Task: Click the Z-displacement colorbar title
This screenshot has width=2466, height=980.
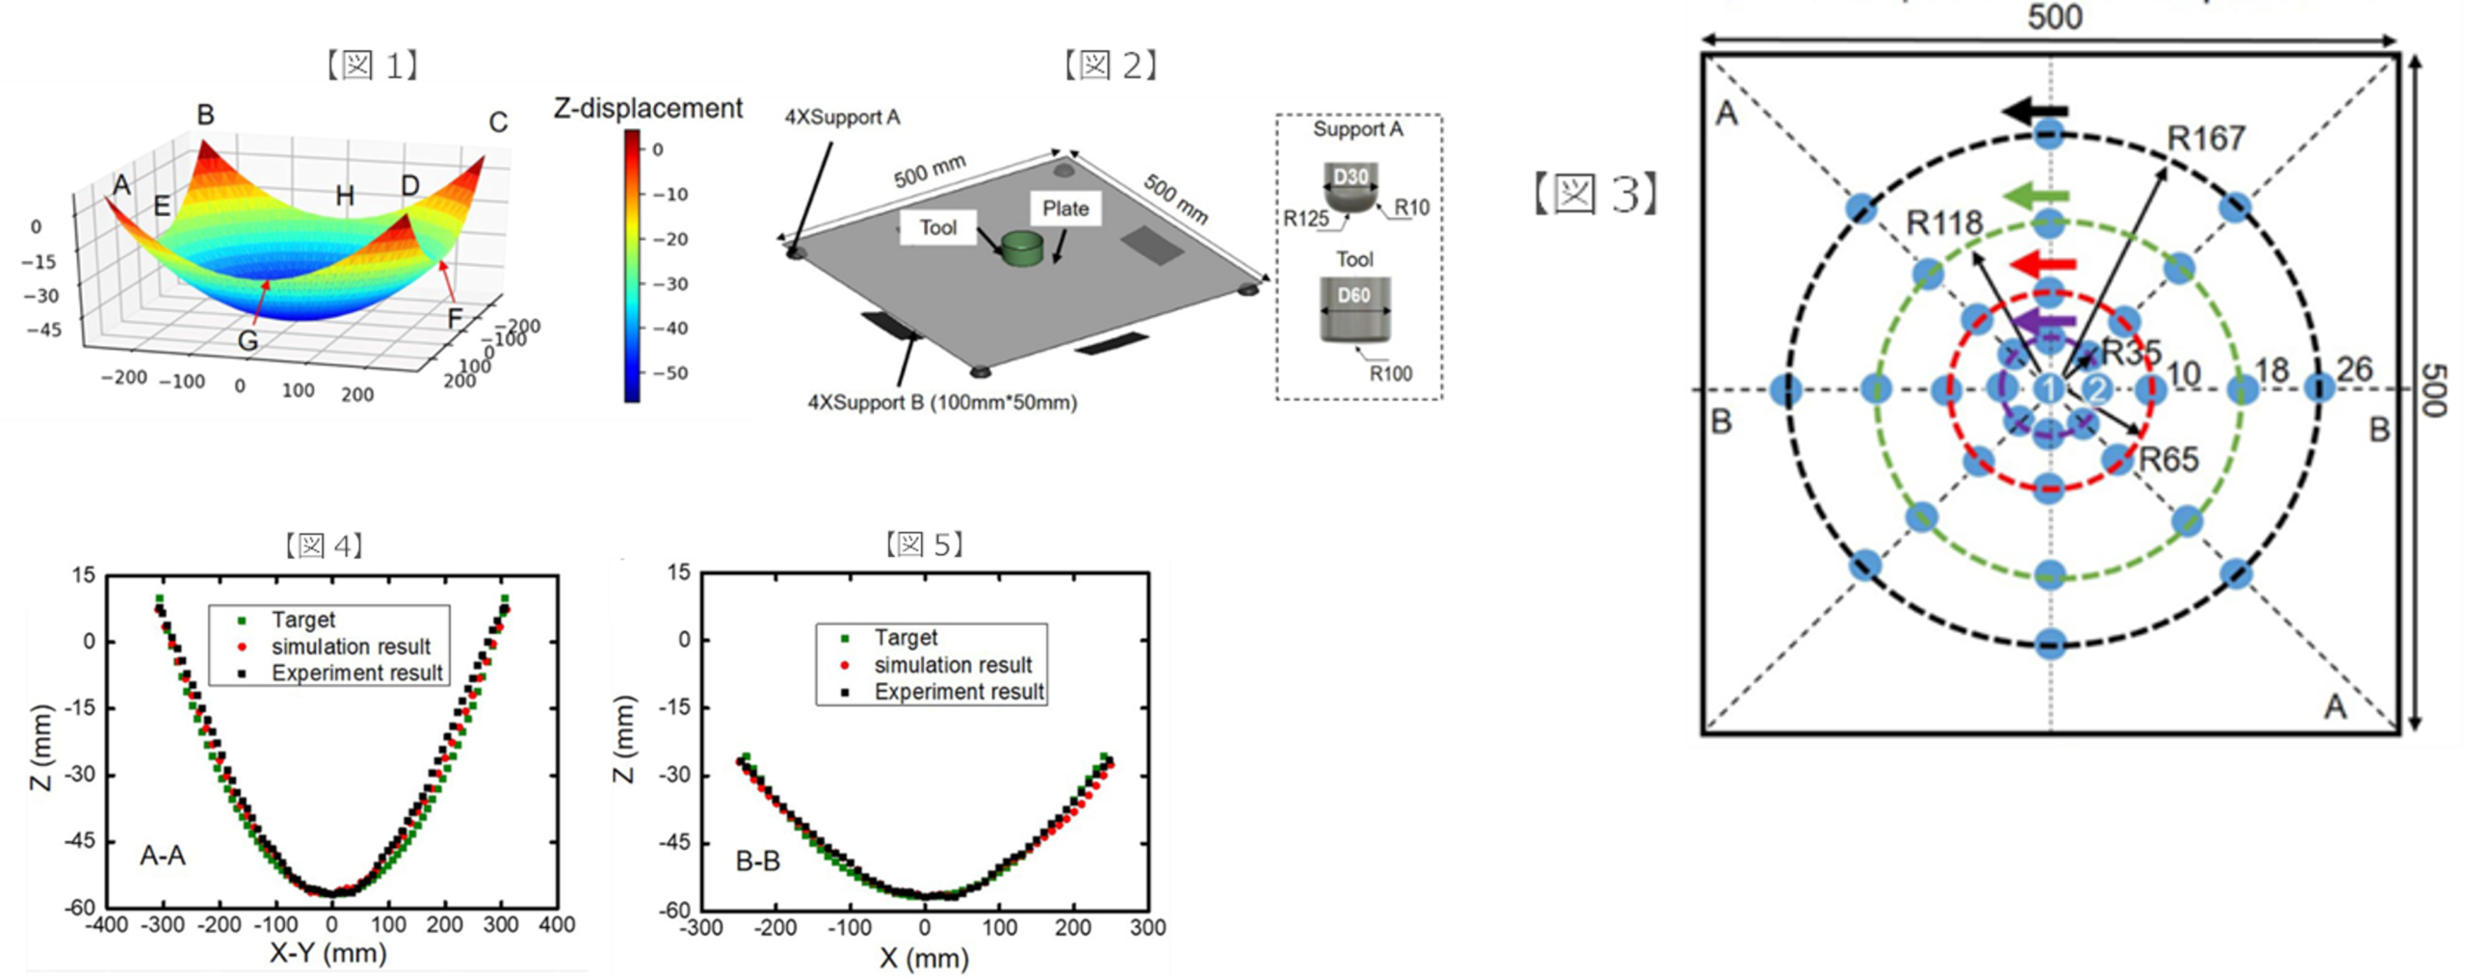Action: point(648,109)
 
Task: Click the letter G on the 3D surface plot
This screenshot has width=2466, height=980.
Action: point(248,339)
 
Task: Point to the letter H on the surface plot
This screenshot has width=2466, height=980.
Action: point(345,197)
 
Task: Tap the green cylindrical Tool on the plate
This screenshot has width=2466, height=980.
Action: point(1023,248)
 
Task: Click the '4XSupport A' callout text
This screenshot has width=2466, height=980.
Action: point(842,118)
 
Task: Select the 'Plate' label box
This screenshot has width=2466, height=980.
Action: point(1064,208)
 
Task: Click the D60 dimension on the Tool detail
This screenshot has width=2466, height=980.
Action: point(1353,295)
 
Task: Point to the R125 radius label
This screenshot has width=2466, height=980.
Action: point(1305,219)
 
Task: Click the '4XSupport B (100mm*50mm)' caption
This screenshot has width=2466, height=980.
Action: point(941,402)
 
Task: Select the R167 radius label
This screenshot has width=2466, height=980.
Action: point(2206,139)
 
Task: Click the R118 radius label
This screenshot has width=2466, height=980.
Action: point(1944,224)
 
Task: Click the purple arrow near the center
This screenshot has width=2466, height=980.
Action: point(2045,323)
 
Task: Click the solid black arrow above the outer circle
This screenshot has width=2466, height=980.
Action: point(2035,112)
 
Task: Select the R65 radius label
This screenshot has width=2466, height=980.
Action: point(2169,460)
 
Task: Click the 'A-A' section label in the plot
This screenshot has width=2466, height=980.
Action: point(163,855)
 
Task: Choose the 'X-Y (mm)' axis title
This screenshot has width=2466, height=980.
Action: point(328,954)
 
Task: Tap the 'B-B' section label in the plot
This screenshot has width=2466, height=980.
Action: point(757,861)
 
